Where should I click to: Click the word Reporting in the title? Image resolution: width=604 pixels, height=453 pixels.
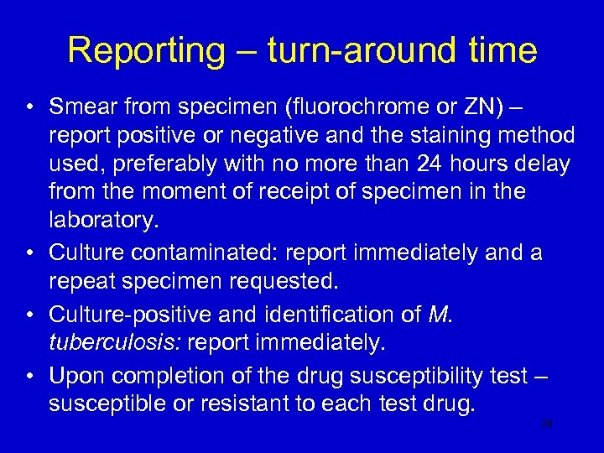[146, 50]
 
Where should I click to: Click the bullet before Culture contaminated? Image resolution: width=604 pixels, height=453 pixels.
[31, 251]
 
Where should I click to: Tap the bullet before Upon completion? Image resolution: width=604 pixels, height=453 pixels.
[31, 375]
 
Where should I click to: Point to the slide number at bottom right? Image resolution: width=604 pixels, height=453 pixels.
[546, 424]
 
